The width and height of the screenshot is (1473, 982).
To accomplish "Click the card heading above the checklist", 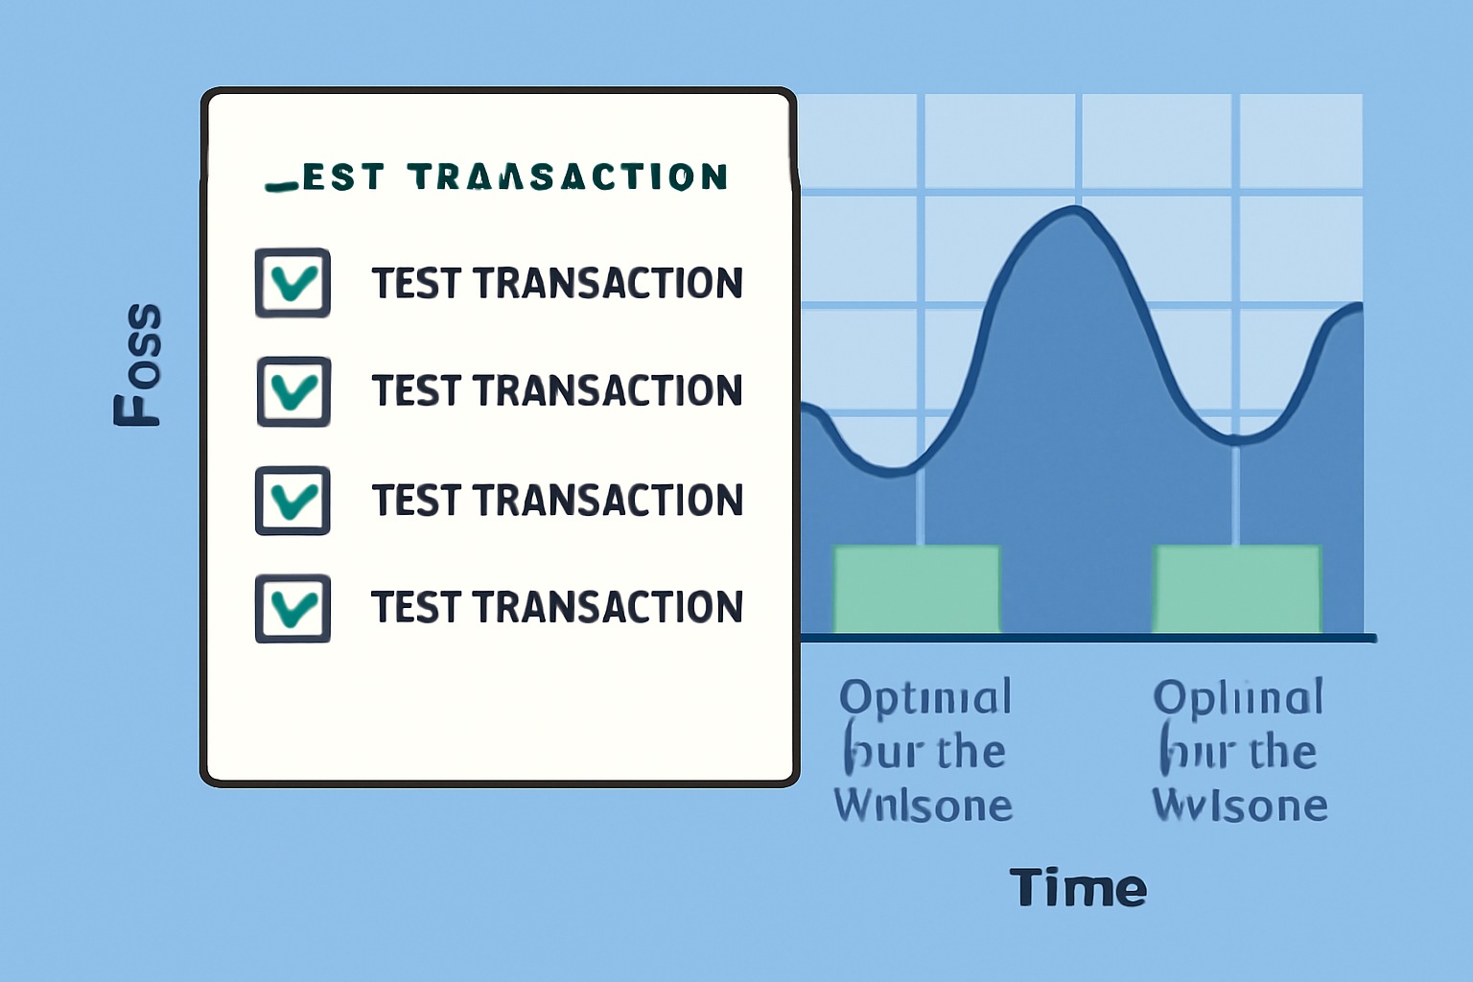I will pyautogui.click(x=497, y=177).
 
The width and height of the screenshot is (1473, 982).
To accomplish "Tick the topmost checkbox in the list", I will pyautogui.click(x=292, y=283).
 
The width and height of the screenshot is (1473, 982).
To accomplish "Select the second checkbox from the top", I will pyautogui.click(x=293, y=391).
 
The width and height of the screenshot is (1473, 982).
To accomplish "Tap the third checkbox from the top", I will pyautogui.click(x=292, y=501).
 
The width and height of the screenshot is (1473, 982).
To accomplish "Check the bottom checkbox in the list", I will pyautogui.click(x=292, y=608).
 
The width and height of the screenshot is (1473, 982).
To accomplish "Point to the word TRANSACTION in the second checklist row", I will pyautogui.click(x=608, y=391).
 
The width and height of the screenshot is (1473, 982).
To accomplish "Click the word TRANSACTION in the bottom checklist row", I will pyautogui.click(x=608, y=608).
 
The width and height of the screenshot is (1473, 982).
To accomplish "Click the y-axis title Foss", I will pyautogui.click(x=138, y=364).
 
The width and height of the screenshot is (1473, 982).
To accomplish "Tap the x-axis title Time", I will pyautogui.click(x=1078, y=888).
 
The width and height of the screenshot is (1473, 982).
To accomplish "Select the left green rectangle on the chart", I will pyautogui.click(x=917, y=589).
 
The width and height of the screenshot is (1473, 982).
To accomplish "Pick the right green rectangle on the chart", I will pyautogui.click(x=1237, y=589).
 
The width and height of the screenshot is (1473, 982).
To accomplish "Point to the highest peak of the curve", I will pyautogui.click(x=1076, y=208).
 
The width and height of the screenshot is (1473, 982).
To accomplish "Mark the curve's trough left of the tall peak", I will pyautogui.click(x=892, y=471).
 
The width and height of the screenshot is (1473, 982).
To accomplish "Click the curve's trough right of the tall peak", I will pyautogui.click(x=1237, y=440).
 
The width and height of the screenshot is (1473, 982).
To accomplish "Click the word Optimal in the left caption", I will pyautogui.click(x=925, y=698).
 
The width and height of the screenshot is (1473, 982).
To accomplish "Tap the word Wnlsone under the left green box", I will pyautogui.click(x=924, y=806).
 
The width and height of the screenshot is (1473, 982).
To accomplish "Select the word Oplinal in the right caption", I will pyautogui.click(x=1238, y=698).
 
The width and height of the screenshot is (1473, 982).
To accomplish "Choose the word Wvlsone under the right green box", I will pyautogui.click(x=1240, y=806).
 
